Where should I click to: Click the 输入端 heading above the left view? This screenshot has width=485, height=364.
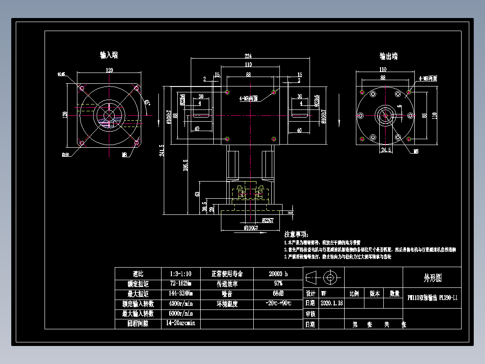[x=109, y=55]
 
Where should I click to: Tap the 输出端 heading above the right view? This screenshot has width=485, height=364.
[x=388, y=56]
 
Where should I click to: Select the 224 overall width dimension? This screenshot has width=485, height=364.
[x=248, y=56]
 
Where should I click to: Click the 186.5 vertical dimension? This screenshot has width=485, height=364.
[x=185, y=165]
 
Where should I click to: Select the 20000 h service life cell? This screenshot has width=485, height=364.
[x=278, y=274]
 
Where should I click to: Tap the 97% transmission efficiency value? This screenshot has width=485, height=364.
[x=278, y=284]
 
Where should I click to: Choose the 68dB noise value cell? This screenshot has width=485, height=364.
[x=278, y=294]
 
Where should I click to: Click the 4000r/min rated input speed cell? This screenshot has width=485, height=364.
[x=180, y=304]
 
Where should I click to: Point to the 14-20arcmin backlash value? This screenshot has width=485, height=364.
[x=180, y=323]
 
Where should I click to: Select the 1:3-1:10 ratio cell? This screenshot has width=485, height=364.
[x=180, y=274]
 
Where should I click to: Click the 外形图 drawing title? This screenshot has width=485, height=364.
[x=432, y=278]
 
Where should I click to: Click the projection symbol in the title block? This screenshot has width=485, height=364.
[x=324, y=277]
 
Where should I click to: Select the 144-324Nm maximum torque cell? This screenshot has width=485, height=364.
[x=180, y=294]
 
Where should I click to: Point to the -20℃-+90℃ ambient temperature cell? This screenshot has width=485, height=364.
[x=278, y=303]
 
